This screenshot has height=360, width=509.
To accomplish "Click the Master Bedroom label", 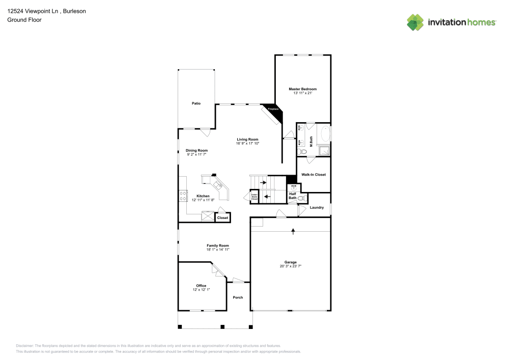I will (302, 89).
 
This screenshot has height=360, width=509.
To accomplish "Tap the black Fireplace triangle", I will (275, 113).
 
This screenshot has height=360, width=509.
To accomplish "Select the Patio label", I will (196, 103).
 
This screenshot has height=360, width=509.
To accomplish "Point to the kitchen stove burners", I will (183, 196).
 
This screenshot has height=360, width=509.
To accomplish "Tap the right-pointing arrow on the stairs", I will (263, 182).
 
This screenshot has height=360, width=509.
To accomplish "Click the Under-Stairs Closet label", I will (254, 197).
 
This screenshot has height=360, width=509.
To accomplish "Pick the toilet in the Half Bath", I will (301, 198).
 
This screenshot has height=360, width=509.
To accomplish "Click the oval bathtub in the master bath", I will (324, 134).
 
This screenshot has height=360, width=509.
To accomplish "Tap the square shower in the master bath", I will (323, 150).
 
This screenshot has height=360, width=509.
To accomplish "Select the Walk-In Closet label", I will (313, 175).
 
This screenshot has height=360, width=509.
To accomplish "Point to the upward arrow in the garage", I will (293, 232).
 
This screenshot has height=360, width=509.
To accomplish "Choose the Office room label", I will (201, 286).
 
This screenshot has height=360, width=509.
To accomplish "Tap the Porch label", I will (238, 297).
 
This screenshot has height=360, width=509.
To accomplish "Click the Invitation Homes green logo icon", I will (415, 22).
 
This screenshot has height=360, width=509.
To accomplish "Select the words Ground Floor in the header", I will (24, 20).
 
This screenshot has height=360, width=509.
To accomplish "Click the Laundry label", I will (317, 207).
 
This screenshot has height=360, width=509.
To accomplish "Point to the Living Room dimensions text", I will (247, 144).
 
